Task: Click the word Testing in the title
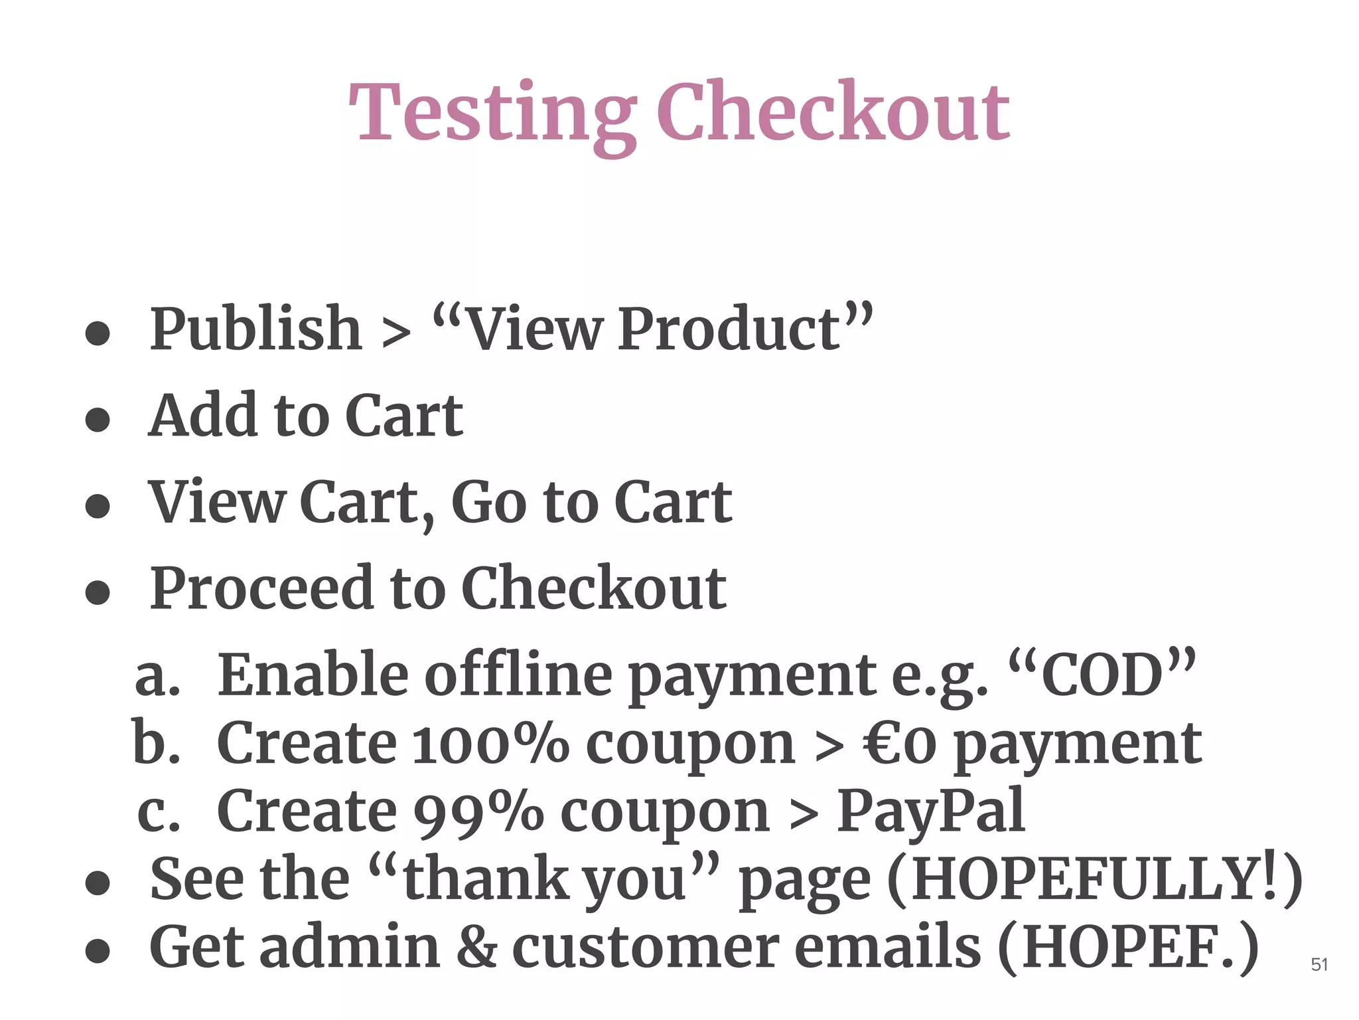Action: [x=492, y=113]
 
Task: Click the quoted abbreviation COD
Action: [x=1102, y=675]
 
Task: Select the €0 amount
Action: [x=900, y=744]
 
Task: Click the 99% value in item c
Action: [x=478, y=812]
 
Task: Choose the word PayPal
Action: [x=930, y=812]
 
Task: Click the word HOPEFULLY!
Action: [x=1095, y=879]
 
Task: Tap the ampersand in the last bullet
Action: [x=476, y=947]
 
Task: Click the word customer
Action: [x=646, y=947]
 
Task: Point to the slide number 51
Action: [x=1319, y=965]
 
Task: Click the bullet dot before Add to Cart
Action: [x=98, y=420]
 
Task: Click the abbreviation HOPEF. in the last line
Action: [x=1128, y=947]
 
